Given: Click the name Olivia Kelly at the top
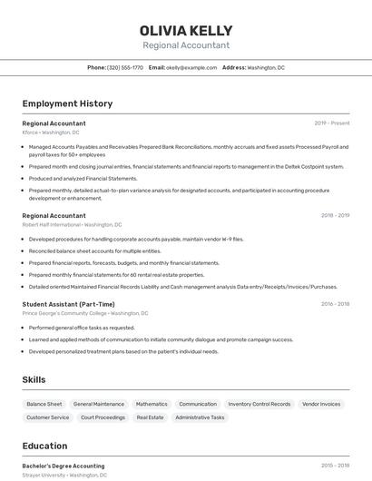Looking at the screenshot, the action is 186,31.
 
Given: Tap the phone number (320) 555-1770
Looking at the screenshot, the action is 125,68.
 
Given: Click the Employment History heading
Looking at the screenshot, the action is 67,103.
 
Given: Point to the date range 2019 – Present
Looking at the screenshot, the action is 332,123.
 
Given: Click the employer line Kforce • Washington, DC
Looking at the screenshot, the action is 51,133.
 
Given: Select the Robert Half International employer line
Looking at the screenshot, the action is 72,224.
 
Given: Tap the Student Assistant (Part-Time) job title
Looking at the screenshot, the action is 68,304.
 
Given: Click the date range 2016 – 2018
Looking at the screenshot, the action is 336,304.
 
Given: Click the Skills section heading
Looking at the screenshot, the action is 34,379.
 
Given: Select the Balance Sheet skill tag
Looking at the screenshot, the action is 44,404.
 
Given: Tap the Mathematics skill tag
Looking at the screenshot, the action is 152,404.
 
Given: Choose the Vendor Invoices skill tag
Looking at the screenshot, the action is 321,404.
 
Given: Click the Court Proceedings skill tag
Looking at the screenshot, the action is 103,417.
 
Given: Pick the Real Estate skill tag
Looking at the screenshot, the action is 150,417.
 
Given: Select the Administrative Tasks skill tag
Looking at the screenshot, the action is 200,417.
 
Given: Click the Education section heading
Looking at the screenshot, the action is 45,446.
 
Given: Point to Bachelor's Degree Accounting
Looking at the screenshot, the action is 64,466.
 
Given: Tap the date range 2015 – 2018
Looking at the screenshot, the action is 336,466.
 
